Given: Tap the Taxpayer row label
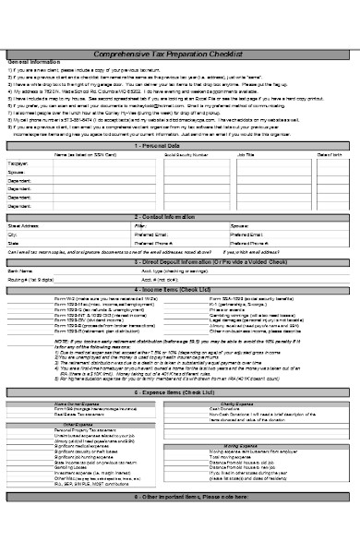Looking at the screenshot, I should click(18, 163).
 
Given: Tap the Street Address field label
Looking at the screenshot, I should click(23, 224).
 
